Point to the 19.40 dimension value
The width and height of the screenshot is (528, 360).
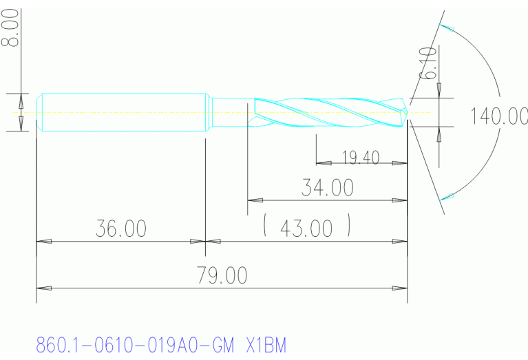pyautogui.click(x=361, y=158)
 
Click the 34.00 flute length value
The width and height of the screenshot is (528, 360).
pyautogui.click(x=328, y=187)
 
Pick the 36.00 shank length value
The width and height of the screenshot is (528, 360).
pyautogui.click(x=120, y=229)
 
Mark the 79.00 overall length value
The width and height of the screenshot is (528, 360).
pyautogui.click(x=222, y=276)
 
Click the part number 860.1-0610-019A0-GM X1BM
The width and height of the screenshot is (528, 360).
pyautogui.click(x=160, y=344)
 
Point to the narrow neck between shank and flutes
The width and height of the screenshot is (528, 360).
pyautogui.click(x=227, y=112)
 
